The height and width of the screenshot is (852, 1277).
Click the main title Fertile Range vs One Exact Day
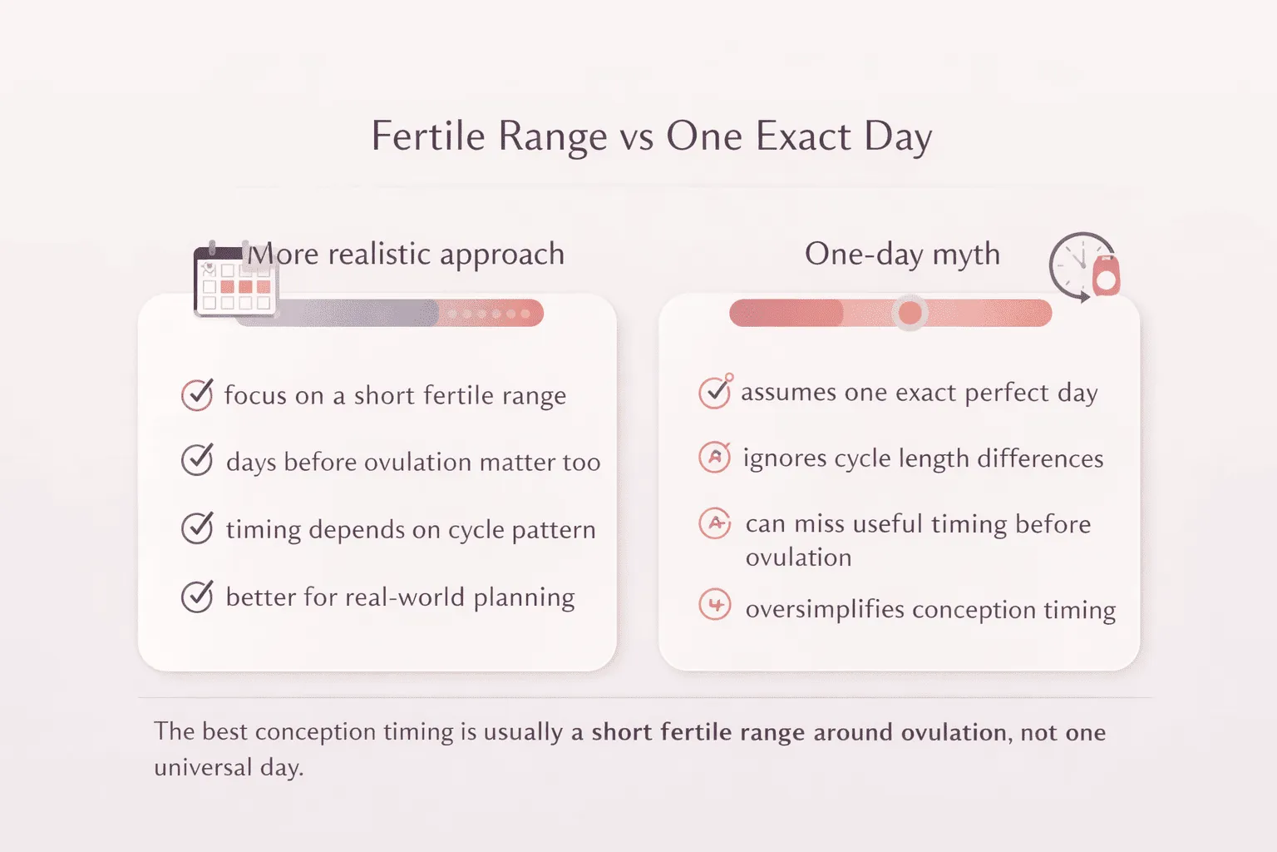pos(651,136)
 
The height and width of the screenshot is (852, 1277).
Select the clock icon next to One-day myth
pos(1083,266)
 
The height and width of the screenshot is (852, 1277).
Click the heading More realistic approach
pos(407,254)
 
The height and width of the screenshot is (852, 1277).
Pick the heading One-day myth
pos(902,254)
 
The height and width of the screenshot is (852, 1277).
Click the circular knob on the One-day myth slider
pos(910,313)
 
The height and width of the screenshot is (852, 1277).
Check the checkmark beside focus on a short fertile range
pos(197,394)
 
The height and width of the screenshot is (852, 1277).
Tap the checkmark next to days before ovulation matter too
pos(197,459)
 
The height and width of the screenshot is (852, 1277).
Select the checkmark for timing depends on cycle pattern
pos(197,528)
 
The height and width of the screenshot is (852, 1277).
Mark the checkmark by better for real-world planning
pos(197,596)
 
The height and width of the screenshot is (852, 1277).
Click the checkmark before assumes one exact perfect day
pos(714,392)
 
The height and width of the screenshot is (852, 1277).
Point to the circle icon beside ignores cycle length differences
pos(714,457)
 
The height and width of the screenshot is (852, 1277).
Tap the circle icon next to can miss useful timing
pos(715,523)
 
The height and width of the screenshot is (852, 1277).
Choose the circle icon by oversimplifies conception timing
pos(715,604)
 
